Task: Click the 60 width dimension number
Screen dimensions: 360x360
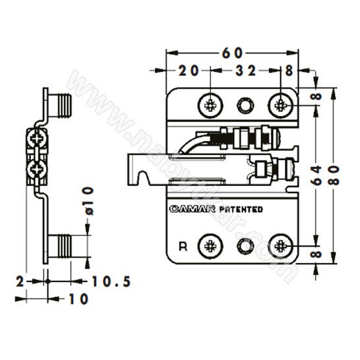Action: (232, 53)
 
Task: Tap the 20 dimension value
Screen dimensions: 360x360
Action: (189, 71)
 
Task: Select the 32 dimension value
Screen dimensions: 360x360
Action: (245, 71)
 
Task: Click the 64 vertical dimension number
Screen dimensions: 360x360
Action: (317, 175)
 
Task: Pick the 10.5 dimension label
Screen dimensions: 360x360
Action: (111, 282)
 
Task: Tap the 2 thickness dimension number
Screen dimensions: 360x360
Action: (20, 282)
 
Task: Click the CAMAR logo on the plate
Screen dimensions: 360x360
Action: (193, 209)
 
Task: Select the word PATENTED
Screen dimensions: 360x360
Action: (241, 210)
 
